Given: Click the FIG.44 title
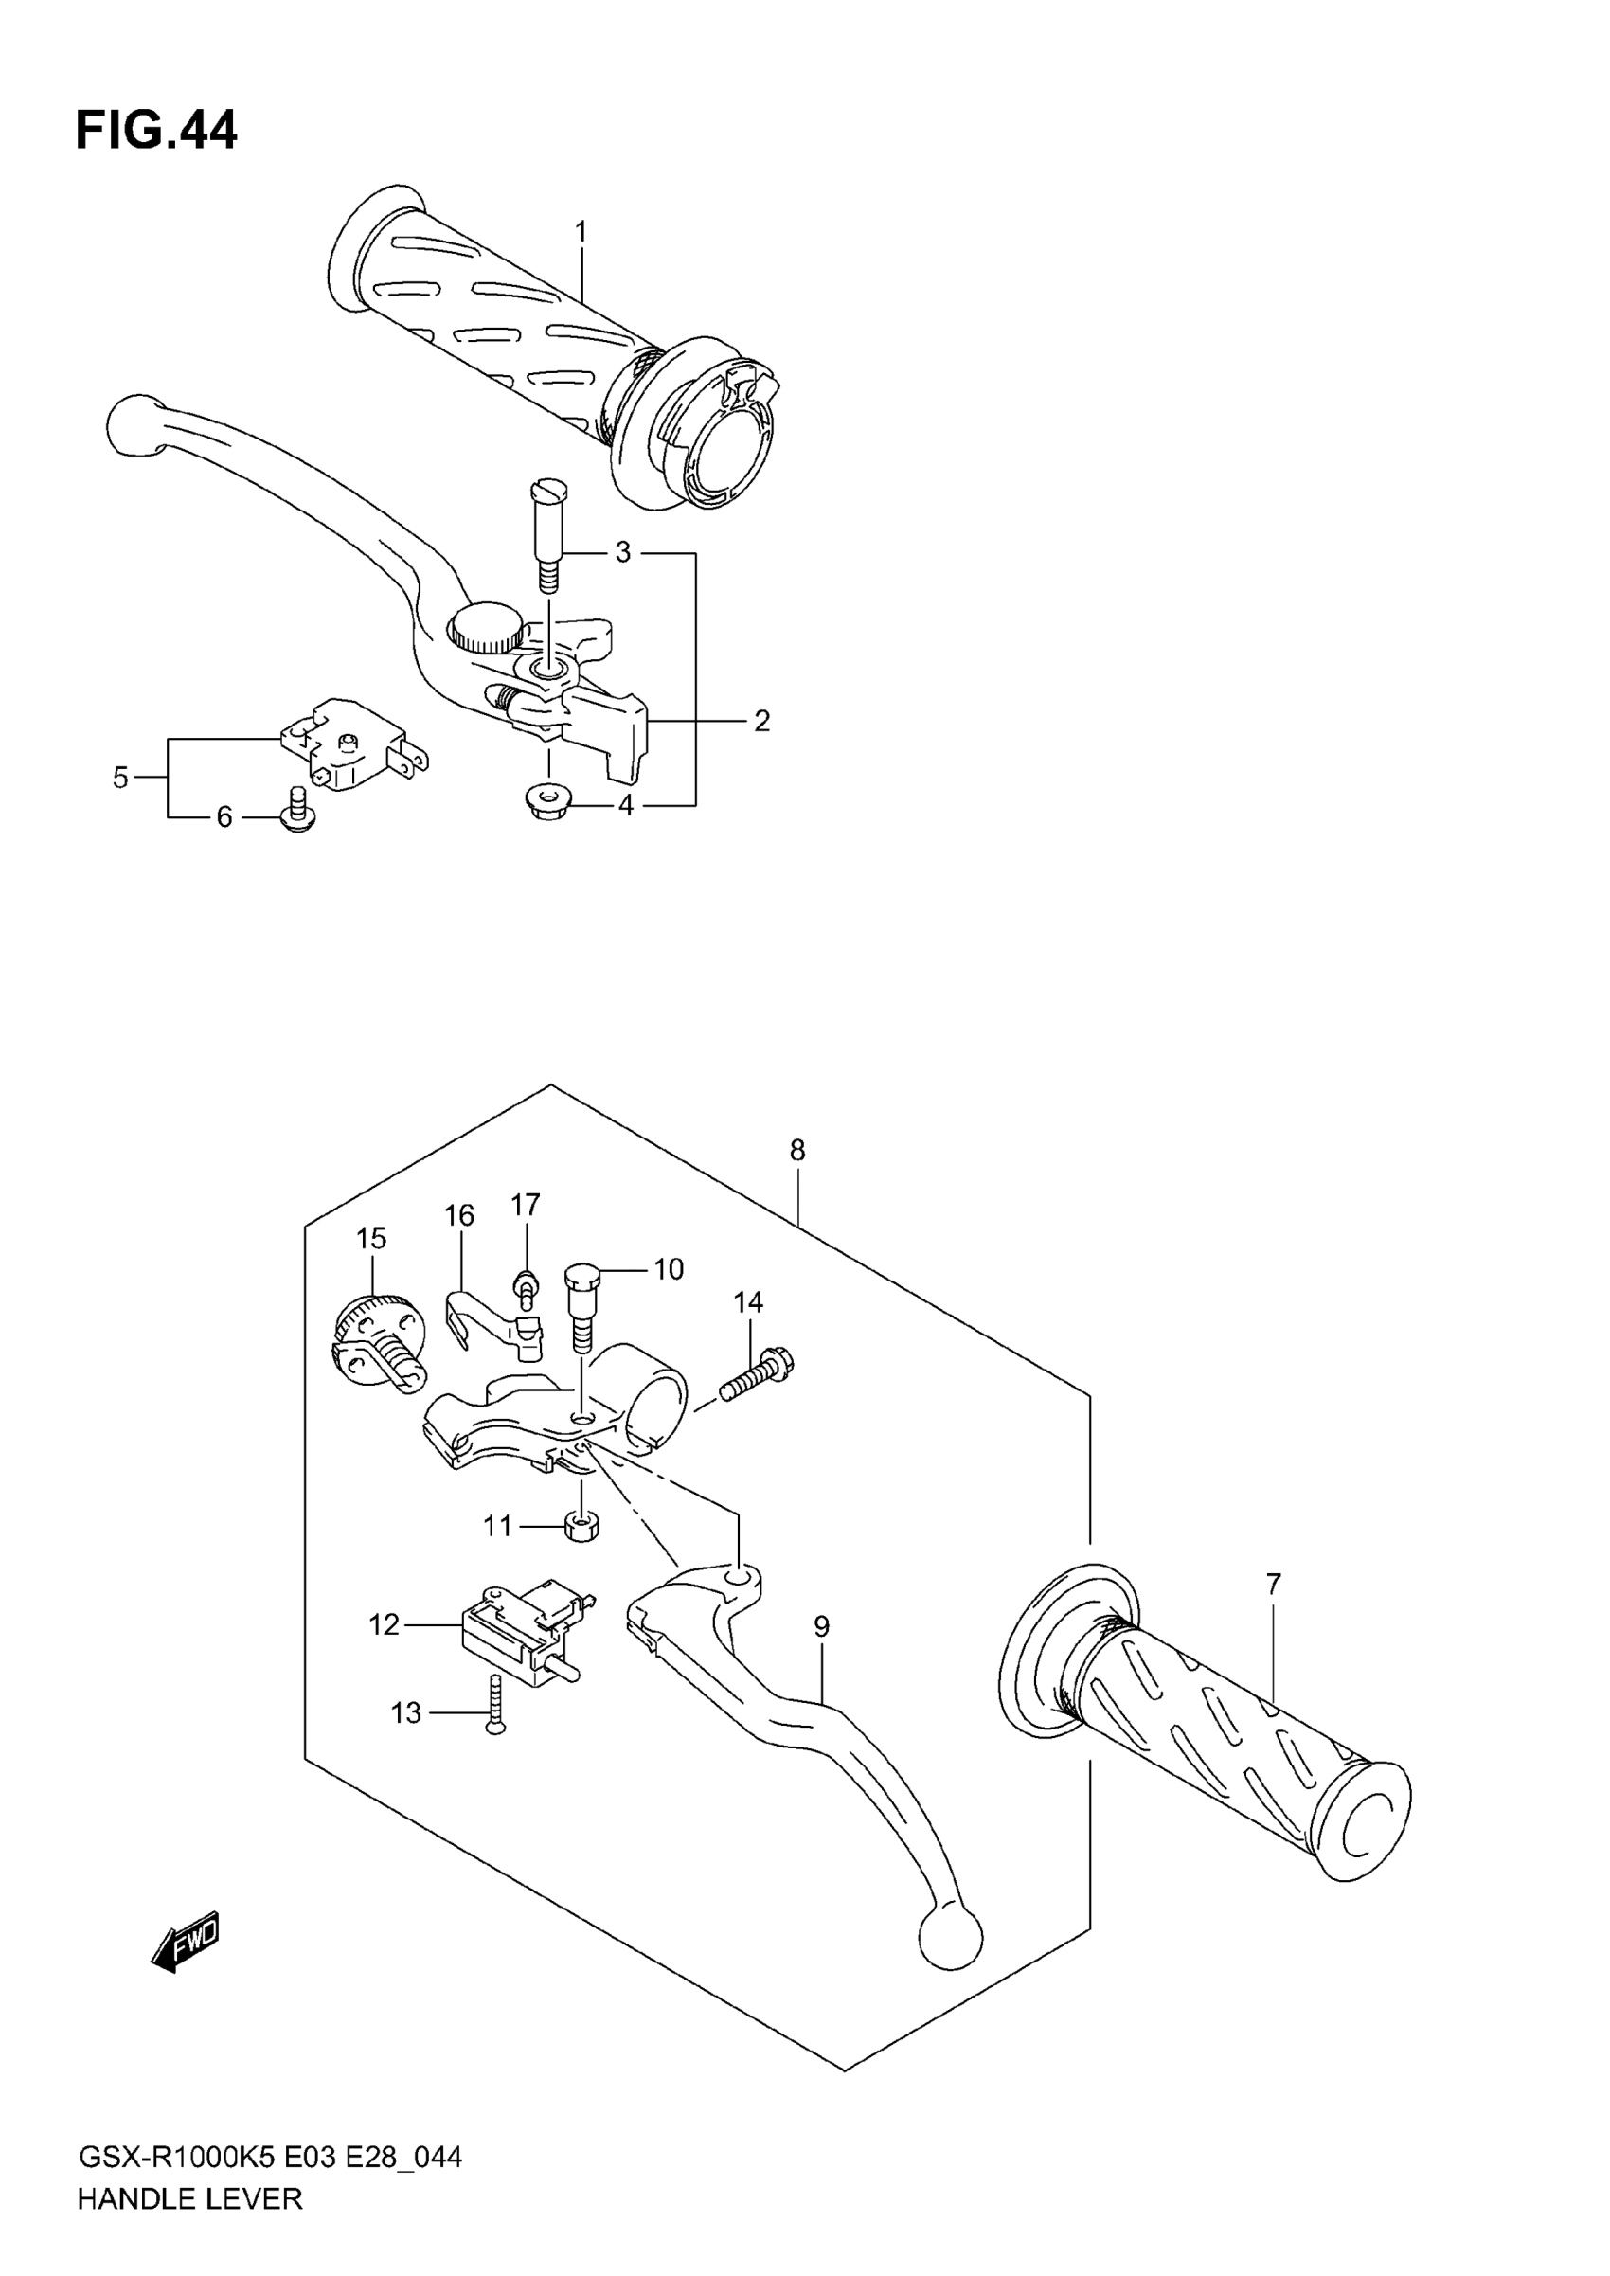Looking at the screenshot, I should click(x=156, y=130).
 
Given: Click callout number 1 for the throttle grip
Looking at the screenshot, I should click(x=581, y=232).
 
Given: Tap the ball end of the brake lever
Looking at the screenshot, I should click(x=134, y=424).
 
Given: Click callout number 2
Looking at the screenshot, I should click(x=761, y=721).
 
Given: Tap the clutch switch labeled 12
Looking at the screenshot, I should click(x=521, y=1631).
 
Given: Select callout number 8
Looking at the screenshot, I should click(x=797, y=1150).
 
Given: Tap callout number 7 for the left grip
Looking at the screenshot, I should click(x=1274, y=1584).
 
